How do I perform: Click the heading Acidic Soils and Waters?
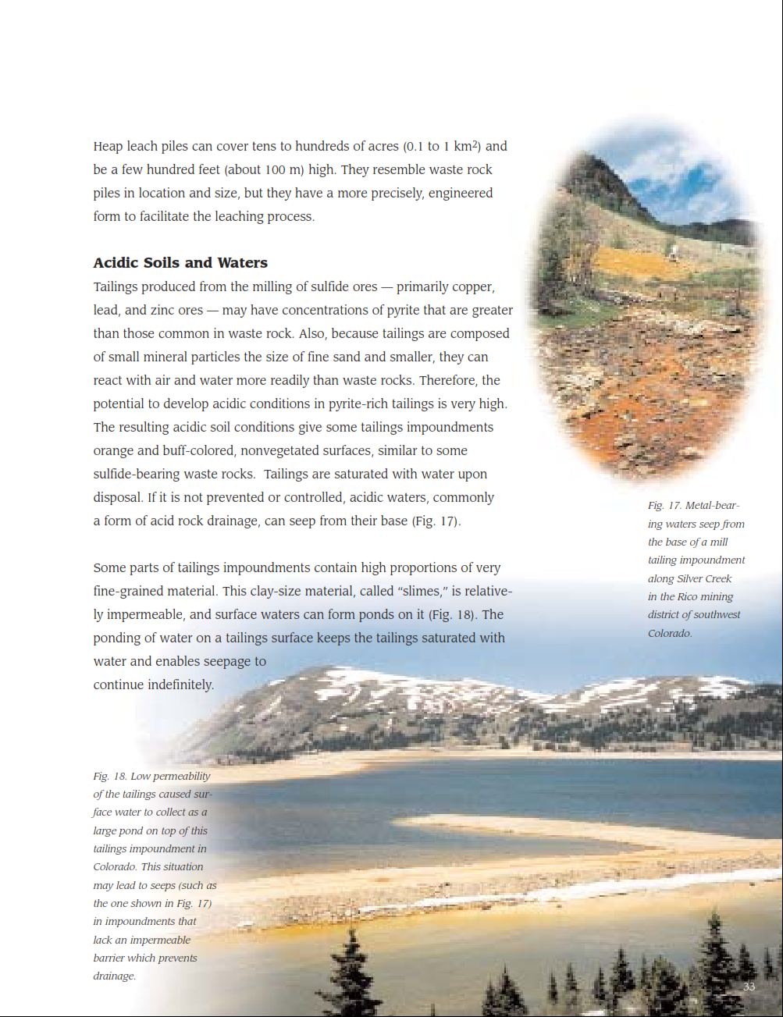180,263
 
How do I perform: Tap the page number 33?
749,987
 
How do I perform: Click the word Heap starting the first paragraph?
108,146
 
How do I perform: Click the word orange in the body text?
115,450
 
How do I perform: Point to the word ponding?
119,638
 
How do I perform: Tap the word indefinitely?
177,685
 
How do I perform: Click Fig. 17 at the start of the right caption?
664,506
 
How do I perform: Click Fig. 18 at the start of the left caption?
109,776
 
